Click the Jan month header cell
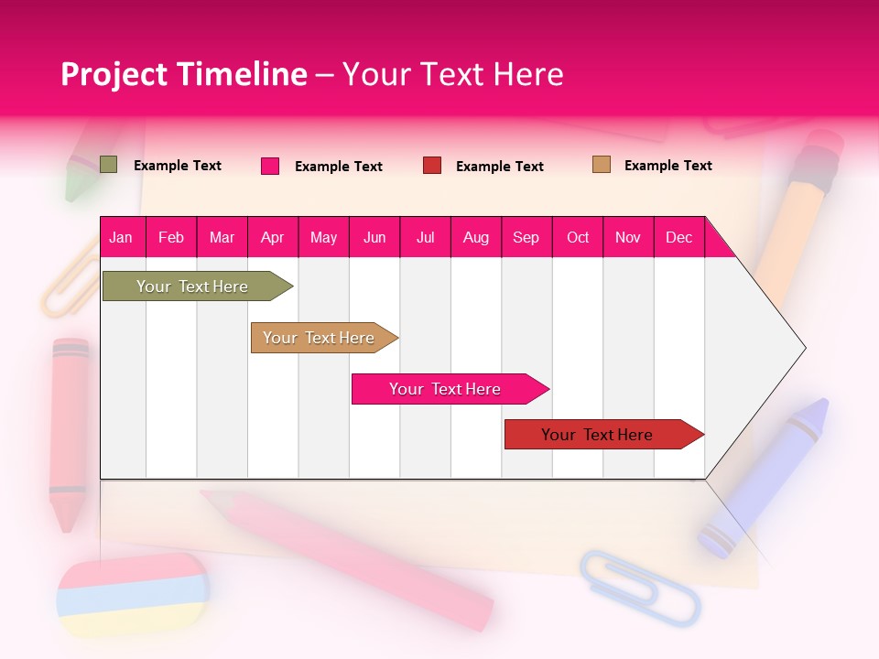click(122, 237)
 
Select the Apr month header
click(273, 237)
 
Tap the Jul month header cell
click(425, 237)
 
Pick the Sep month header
click(526, 237)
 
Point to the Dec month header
click(678, 237)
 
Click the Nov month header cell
click(628, 237)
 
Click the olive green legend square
click(108, 165)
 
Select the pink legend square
click(270, 166)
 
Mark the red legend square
click(432, 166)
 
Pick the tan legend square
click(601, 165)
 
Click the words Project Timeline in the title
click(184, 74)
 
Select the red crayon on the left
click(69, 430)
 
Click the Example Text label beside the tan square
click(667, 166)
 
